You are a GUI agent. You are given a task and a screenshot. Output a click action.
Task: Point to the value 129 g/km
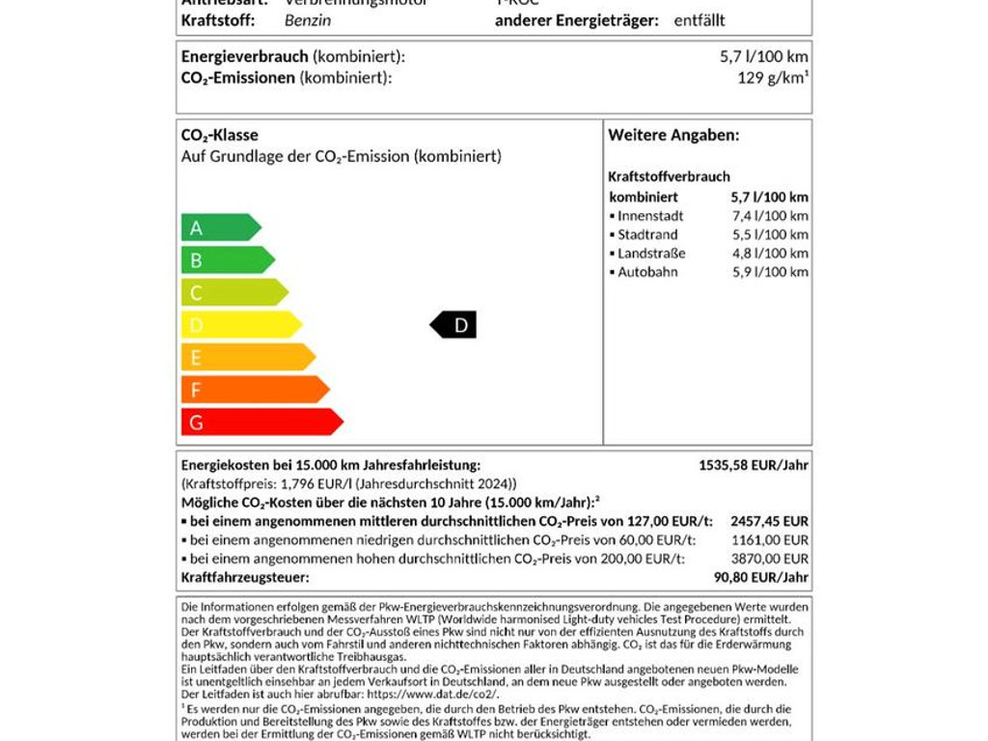(772, 78)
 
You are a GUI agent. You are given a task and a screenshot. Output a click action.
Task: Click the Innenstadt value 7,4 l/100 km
(770, 216)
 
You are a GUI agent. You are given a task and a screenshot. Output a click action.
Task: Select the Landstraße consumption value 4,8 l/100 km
(770, 254)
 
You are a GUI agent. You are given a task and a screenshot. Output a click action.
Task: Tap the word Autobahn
(647, 272)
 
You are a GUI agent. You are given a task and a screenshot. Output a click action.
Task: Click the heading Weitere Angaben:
(673, 136)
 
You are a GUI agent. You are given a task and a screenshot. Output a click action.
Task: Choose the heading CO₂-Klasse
(220, 136)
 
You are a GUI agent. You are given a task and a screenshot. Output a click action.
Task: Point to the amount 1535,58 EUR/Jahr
(754, 465)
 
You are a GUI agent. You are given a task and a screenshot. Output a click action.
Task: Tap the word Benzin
(308, 20)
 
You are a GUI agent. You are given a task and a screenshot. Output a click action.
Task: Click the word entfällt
(700, 20)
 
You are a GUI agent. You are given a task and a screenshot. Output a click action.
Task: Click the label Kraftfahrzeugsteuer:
(245, 577)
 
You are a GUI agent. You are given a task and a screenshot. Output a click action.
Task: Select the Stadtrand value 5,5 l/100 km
(770, 234)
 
